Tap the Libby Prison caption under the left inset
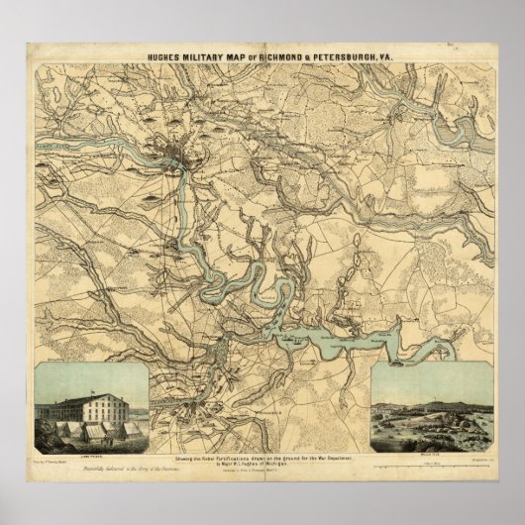(x=89, y=449)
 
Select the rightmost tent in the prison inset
(x=131, y=429)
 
